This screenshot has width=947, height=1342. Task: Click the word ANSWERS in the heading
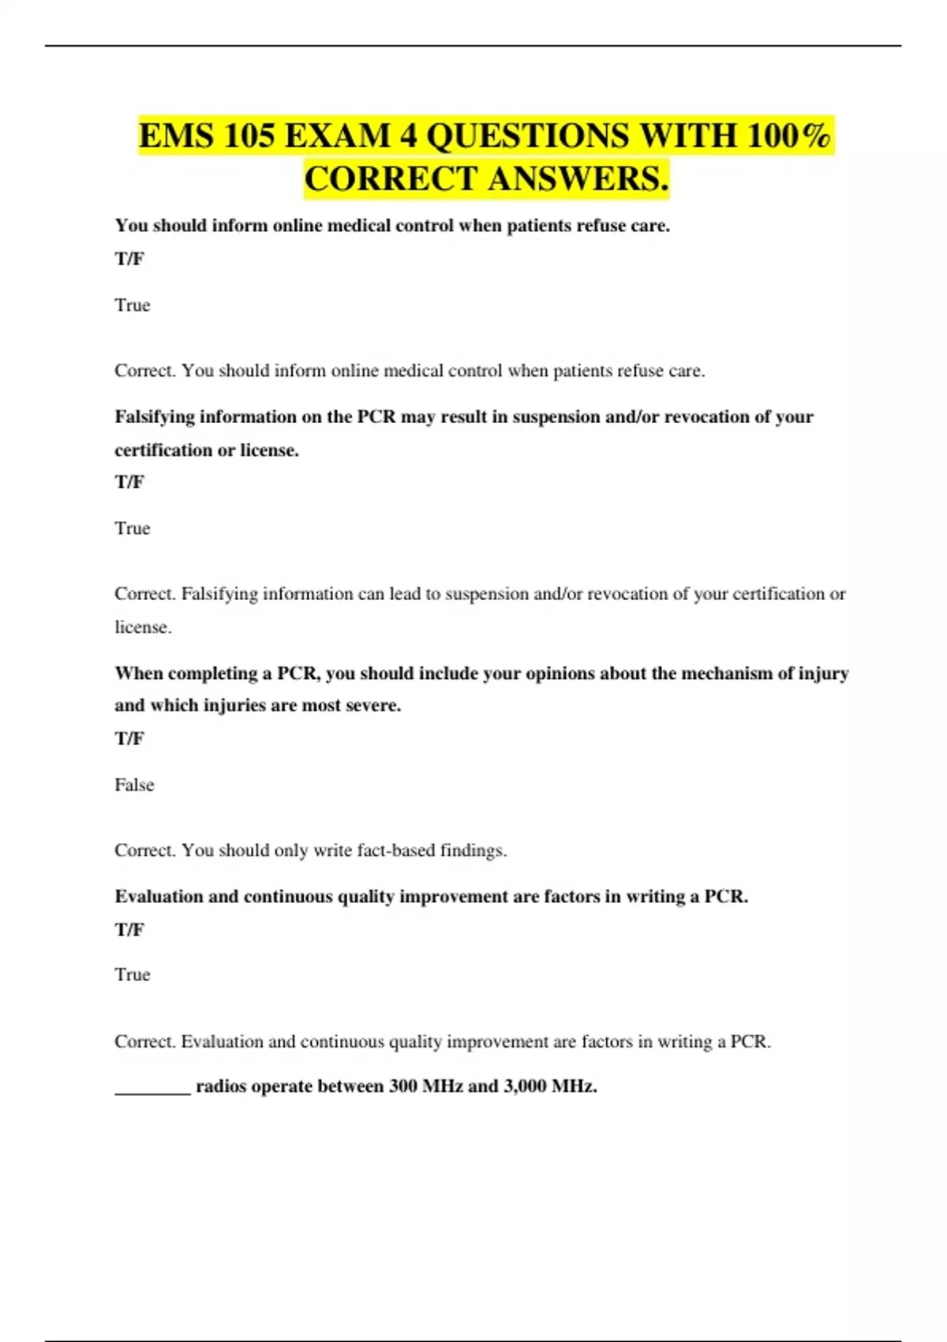(578, 178)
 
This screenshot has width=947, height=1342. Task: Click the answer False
(134, 785)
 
